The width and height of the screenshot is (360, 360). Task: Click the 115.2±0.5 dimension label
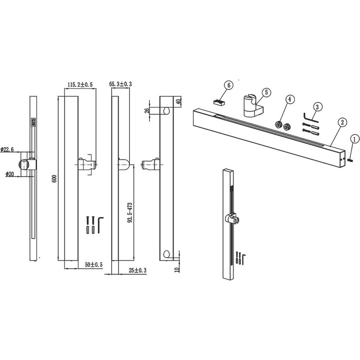tap(80, 85)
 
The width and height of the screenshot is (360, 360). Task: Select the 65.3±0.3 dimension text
tap(121, 84)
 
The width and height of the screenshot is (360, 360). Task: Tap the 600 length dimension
tap(55, 178)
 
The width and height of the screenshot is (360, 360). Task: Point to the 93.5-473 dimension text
tap(130, 213)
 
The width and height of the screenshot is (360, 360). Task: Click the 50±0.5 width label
tap(94, 265)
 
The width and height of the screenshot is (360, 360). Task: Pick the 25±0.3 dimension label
tap(138, 271)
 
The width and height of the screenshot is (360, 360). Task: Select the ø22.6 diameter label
tap(7, 149)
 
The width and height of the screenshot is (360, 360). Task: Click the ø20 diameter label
tap(10, 174)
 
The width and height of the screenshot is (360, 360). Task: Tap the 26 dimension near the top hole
tap(148, 111)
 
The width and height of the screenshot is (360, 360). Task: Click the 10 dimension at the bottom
tap(177, 269)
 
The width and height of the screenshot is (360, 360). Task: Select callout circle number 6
tap(229, 85)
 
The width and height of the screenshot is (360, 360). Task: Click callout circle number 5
tap(266, 92)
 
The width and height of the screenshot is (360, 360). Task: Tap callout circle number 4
tap(290, 99)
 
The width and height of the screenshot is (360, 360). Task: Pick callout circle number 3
tap(317, 107)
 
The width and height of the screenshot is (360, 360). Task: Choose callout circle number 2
tap(342, 122)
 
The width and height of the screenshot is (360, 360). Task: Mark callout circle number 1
tap(355, 139)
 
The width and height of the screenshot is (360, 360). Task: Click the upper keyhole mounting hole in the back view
tap(166, 111)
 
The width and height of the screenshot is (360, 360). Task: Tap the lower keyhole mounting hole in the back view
tap(166, 254)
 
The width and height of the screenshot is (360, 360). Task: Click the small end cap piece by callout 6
tap(219, 102)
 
